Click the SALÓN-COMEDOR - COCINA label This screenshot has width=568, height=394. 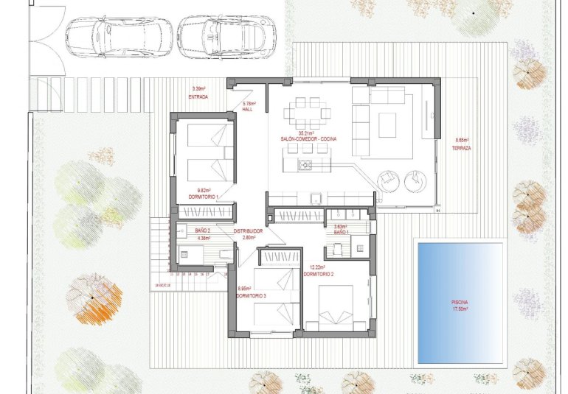(x=308, y=139)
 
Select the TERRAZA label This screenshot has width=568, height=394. (x=462, y=148)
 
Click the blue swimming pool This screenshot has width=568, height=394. (x=460, y=302)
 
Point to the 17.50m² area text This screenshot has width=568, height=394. (x=460, y=309)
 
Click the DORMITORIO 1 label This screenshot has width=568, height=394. (x=204, y=196)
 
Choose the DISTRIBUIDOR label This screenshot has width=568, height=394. (x=249, y=231)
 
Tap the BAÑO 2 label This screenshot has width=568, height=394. (x=204, y=231)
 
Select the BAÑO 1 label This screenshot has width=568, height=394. (x=341, y=232)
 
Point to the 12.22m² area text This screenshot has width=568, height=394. (x=316, y=267)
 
